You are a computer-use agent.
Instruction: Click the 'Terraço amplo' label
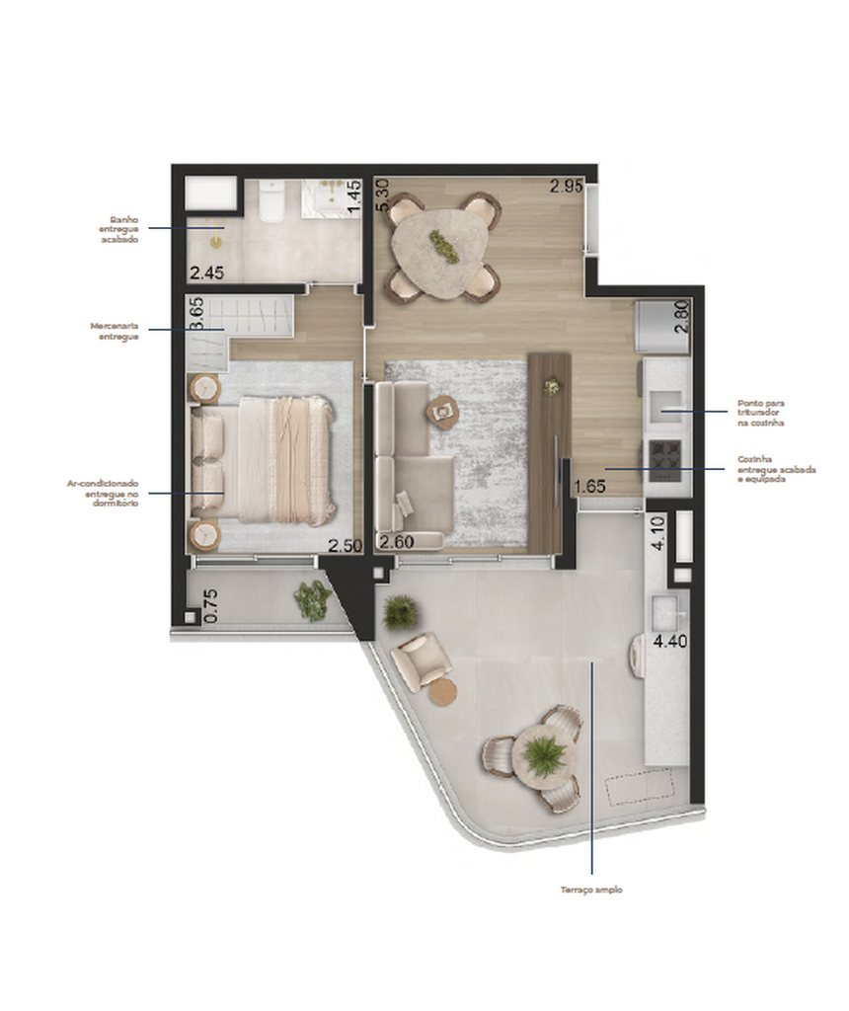click(591, 890)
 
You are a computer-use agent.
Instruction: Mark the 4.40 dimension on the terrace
click(670, 640)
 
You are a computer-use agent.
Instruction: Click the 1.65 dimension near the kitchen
click(589, 486)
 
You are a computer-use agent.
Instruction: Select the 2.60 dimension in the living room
click(396, 540)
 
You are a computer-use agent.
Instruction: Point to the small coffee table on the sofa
click(443, 410)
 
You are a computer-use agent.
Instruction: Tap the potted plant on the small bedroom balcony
click(314, 600)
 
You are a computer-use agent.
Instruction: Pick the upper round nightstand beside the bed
click(205, 387)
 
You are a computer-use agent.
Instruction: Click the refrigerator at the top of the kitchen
click(661, 326)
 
